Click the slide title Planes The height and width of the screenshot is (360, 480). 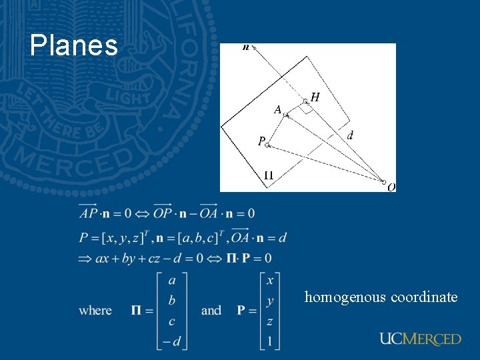tap(73, 46)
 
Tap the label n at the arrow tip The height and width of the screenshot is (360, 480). tap(246, 48)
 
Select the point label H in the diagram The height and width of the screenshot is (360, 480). tap(315, 97)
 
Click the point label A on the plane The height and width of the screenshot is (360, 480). tap(277, 109)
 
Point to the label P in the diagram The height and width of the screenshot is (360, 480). tap(261, 141)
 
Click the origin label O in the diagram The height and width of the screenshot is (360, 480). tap(391, 187)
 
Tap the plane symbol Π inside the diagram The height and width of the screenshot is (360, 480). tap(268, 176)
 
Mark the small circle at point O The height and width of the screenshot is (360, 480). tap(384, 181)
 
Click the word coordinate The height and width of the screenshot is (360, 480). tap(424, 297)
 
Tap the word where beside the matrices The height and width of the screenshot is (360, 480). tap(95, 311)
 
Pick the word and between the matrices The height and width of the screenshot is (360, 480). tap(211, 311)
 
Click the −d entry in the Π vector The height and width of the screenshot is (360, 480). tap(171, 342)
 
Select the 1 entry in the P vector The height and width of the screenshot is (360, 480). tap(269, 342)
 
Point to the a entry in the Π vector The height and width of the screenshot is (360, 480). tap(172, 281)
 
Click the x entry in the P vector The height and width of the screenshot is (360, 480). tap(269, 281)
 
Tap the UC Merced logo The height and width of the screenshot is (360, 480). tap(420, 339)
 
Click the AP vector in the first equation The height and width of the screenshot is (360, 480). tap(88, 213)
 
